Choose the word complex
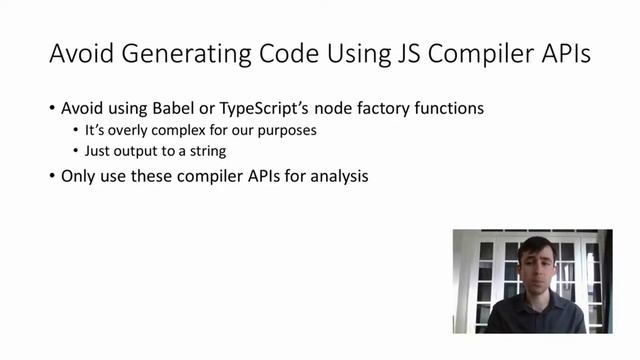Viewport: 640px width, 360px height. (x=174, y=130)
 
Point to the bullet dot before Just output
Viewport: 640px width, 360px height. (x=75, y=151)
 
